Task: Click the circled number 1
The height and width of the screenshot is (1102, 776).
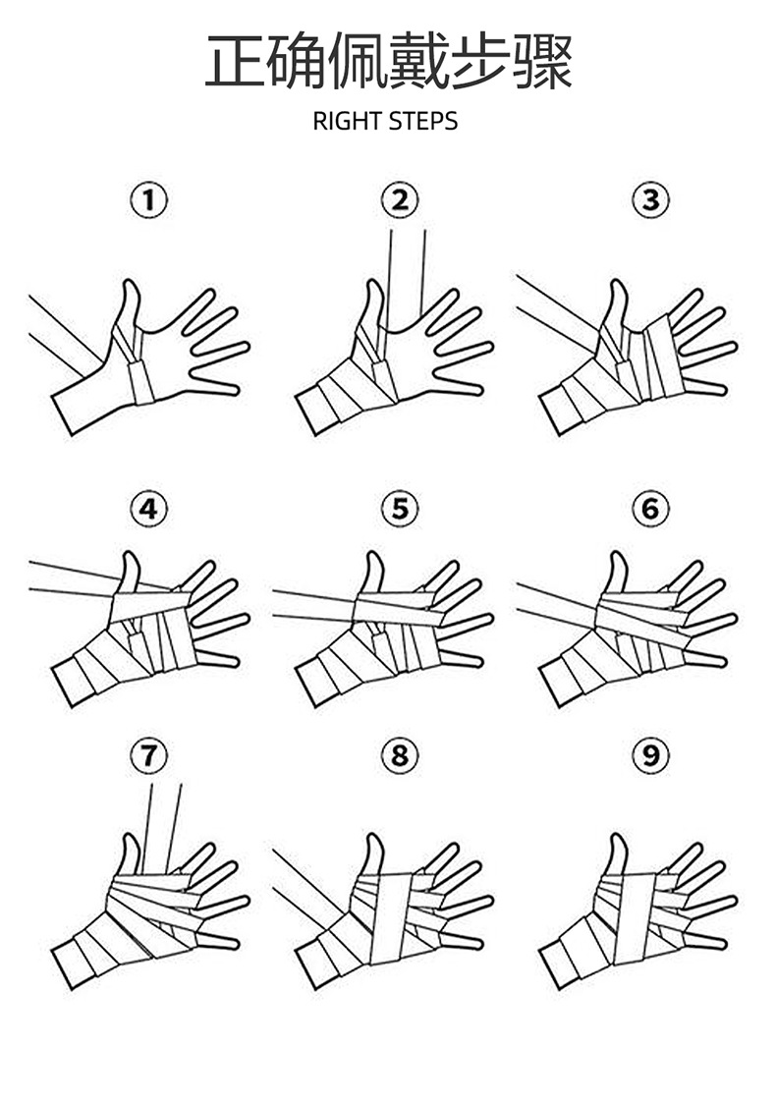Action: point(149,201)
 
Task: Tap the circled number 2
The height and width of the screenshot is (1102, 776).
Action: point(399,201)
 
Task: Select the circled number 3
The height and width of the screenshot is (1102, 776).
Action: point(649,201)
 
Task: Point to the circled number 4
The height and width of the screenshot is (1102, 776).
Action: point(149,509)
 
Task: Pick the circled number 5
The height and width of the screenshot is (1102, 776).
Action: point(399,509)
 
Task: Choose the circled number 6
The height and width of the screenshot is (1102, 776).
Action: point(649,509)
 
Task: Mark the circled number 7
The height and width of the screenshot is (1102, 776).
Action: point(149,755)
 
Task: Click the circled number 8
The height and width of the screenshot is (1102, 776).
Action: point(399,755)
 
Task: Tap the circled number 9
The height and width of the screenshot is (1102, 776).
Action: point(649,755)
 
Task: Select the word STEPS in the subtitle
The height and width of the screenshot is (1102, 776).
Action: point(423,122)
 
